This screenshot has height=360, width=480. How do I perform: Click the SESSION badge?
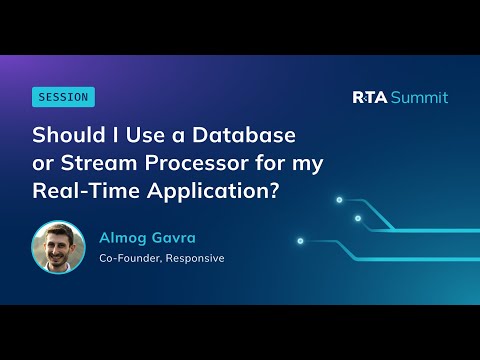(x=63, y=97)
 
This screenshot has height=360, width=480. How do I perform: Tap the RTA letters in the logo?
(x=371, y=97)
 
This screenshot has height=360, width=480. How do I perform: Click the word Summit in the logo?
(x=419, y=97)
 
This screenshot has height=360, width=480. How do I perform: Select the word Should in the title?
(x=67, y=134)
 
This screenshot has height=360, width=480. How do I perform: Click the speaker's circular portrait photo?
(x=59, y=247)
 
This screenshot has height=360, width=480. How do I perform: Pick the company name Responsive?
(x=197, y=258)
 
